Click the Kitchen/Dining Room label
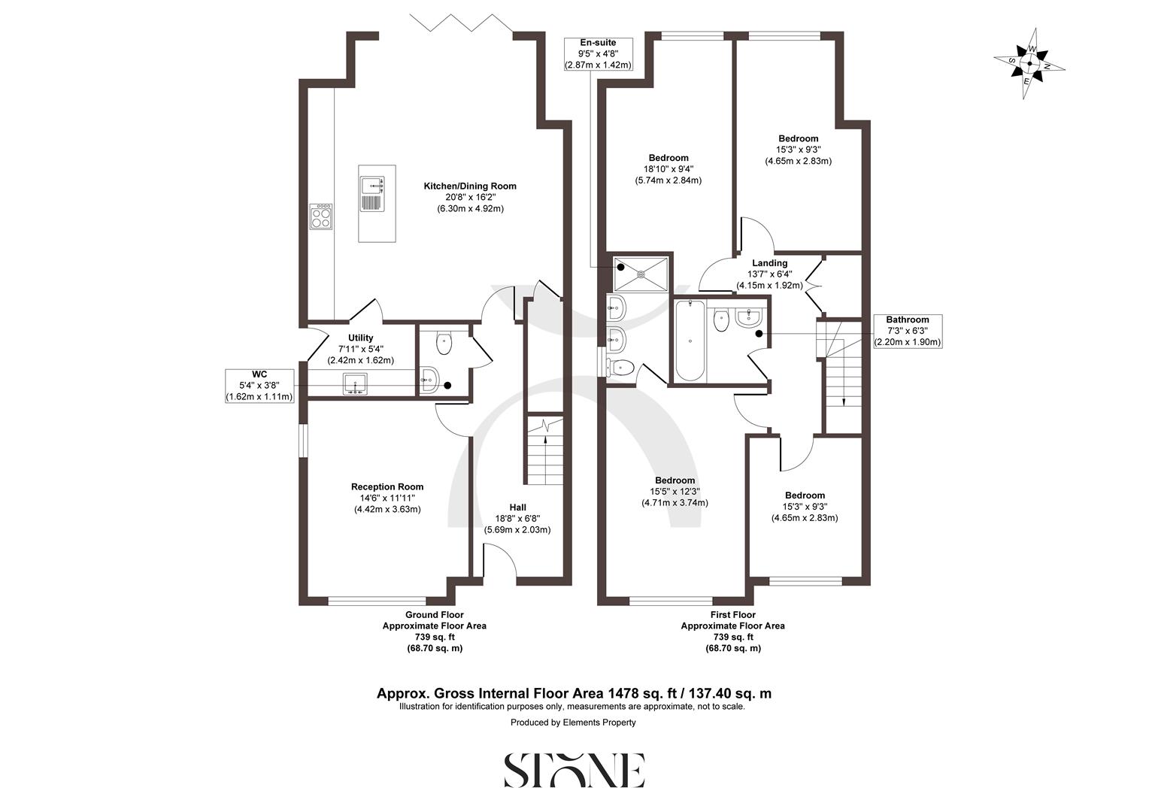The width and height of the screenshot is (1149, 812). pos(470,197)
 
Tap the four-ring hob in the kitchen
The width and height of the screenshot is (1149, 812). pos(321,217)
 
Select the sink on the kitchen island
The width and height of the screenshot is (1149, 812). pos(372,186)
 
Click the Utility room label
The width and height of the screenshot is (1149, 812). pos(361,349)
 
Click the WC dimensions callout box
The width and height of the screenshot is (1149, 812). pos(259,385)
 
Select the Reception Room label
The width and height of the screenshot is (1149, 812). pos(387,498)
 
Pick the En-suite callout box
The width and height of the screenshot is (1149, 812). pos(598,54)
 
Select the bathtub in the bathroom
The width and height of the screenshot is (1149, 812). pos(690,341)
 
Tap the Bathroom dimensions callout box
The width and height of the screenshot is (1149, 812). pos(907,331)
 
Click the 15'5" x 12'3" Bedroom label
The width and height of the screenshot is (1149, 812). pos(675,492)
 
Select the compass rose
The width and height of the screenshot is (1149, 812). pos(1029,64)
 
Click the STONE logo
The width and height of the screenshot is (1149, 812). pos(574,770)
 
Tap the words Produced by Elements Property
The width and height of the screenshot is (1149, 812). pos(573,723)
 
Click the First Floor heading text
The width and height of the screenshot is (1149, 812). pos(732,615)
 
